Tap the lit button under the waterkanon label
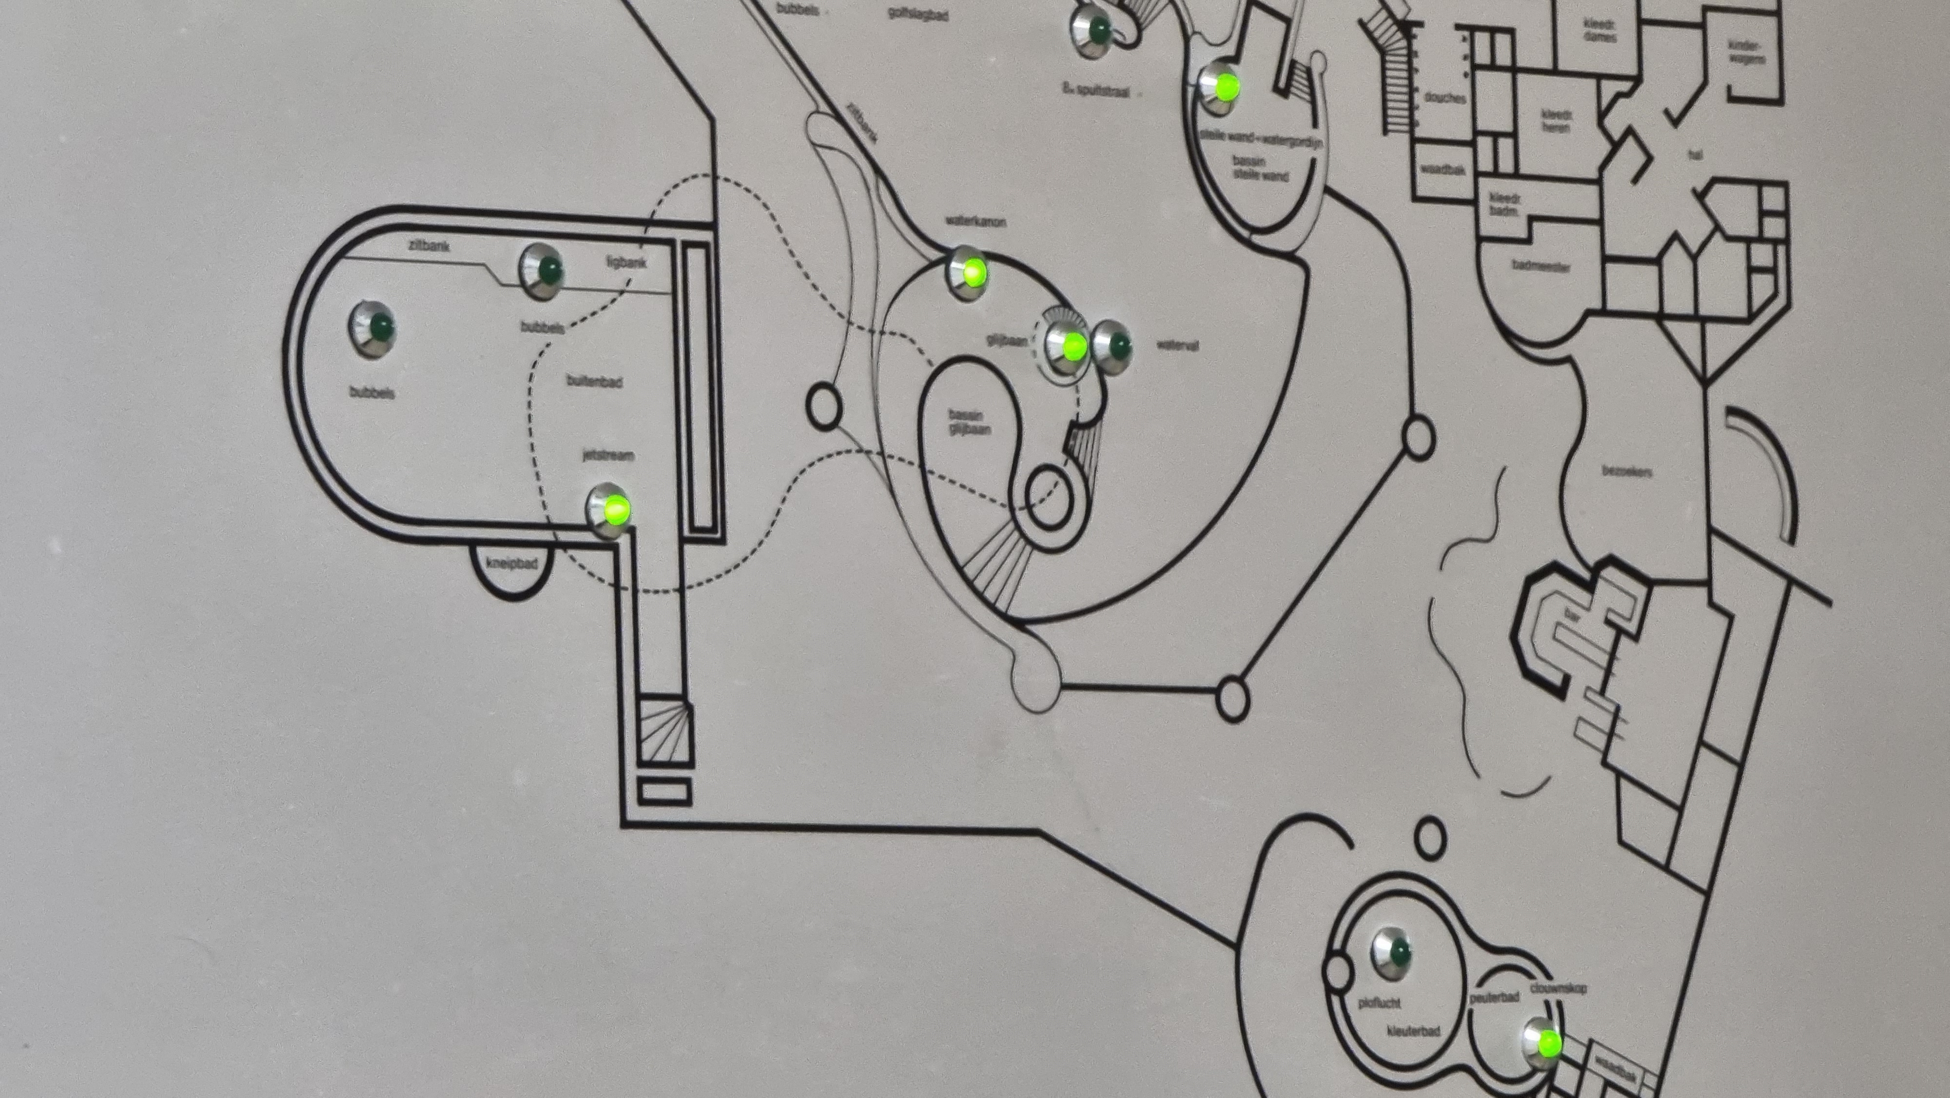point(968,270)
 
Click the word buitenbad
point(594,380)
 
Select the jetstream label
point(608,455)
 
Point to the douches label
point(1445,98)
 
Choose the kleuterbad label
point(1413,1031)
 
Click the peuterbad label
point(1494,997)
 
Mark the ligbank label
point(626,263)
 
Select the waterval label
point(1177,345)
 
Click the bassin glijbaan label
point(968,422)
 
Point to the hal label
point(1695,155)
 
